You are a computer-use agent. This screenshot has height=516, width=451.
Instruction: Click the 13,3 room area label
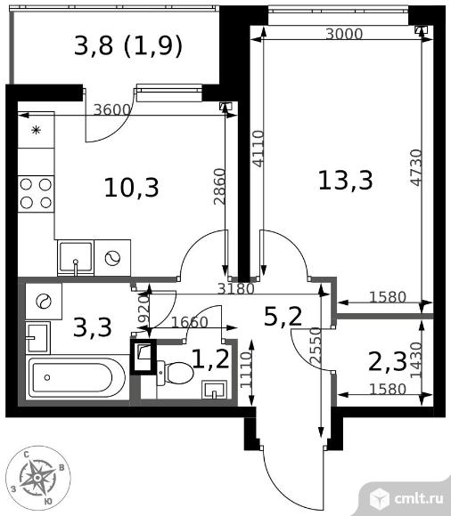click(x=346, y=181)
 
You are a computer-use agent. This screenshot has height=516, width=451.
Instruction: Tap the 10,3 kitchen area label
click(x=132, y=188)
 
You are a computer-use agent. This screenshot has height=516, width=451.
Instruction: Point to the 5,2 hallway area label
click(x=283, y=317)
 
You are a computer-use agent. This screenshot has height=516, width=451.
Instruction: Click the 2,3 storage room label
click(x=388, y=361)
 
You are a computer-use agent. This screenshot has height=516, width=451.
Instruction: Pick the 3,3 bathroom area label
click(x=93, y=327)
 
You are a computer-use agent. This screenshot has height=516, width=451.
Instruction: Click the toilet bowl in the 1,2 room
click(x=175, y=373)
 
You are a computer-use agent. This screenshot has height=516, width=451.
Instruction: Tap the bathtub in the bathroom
click(x=77, y=378)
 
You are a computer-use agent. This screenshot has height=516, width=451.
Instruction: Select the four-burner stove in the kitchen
click(x=36, y=194)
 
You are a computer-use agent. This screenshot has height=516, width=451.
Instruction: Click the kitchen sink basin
click(x=76, y=258)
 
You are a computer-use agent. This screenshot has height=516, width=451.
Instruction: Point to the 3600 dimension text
click(x=112, y=109)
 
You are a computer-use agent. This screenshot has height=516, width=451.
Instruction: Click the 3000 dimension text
click(x=344, y=34)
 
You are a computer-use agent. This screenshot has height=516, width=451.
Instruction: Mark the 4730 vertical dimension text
click(x=416, y=167)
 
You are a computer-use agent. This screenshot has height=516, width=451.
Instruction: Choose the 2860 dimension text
click(x=219, y=187)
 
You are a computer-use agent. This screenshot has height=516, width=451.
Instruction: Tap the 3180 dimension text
click(x=236, y=288)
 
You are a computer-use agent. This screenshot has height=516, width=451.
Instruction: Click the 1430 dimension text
click(x=416, y=359)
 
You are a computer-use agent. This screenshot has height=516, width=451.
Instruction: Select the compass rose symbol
click(x=38, y=478)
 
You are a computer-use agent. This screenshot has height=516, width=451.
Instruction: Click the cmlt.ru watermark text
click(x=418, y=499)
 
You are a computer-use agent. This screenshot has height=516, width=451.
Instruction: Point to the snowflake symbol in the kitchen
click(x=36, y=130)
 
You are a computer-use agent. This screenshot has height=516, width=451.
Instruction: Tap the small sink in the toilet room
click(x=214, y=390)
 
